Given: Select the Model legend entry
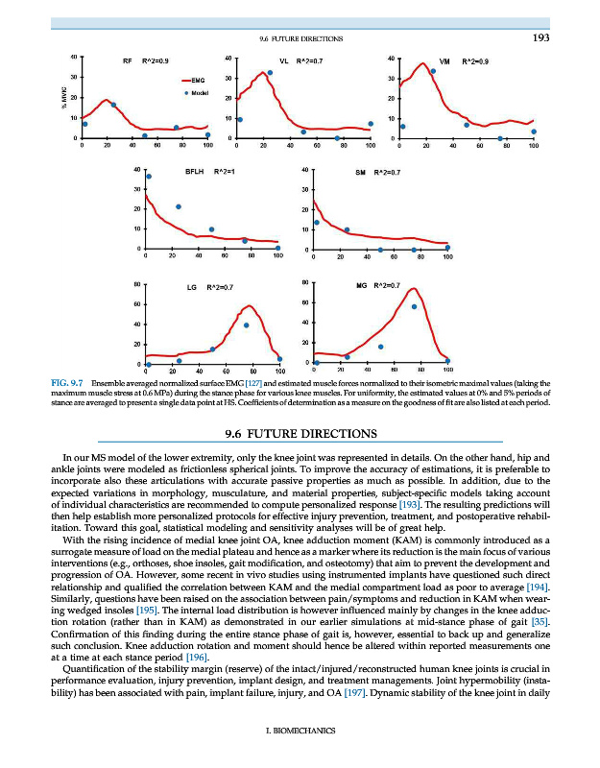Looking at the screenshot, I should click(x=200, y=93).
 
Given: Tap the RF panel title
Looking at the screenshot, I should click(x=127, y=60).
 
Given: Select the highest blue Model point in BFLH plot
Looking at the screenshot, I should click(x=149, y=177).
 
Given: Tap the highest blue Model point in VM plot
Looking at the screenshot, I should click(x=434, y=71).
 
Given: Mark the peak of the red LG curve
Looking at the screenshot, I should click(x=250, y=306).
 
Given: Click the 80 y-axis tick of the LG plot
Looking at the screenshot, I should click(x=138, y=285).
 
